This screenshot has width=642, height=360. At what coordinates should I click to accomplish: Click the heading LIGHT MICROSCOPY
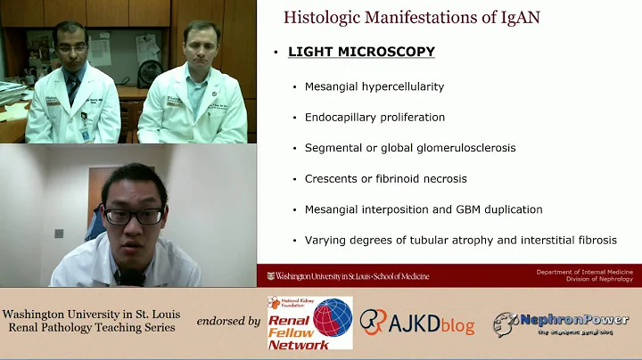pos(361,52)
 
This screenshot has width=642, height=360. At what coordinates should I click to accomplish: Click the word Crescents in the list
pos(332,178)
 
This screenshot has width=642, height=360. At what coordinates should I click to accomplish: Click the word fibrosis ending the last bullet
pos(596,240)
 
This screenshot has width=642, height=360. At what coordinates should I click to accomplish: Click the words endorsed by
pos(228,320)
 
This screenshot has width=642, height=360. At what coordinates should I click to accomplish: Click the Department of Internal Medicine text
pos(583,271)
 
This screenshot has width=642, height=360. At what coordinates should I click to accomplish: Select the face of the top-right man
pos(200,45)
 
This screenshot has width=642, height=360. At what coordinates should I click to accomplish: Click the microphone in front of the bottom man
pos(132,277)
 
